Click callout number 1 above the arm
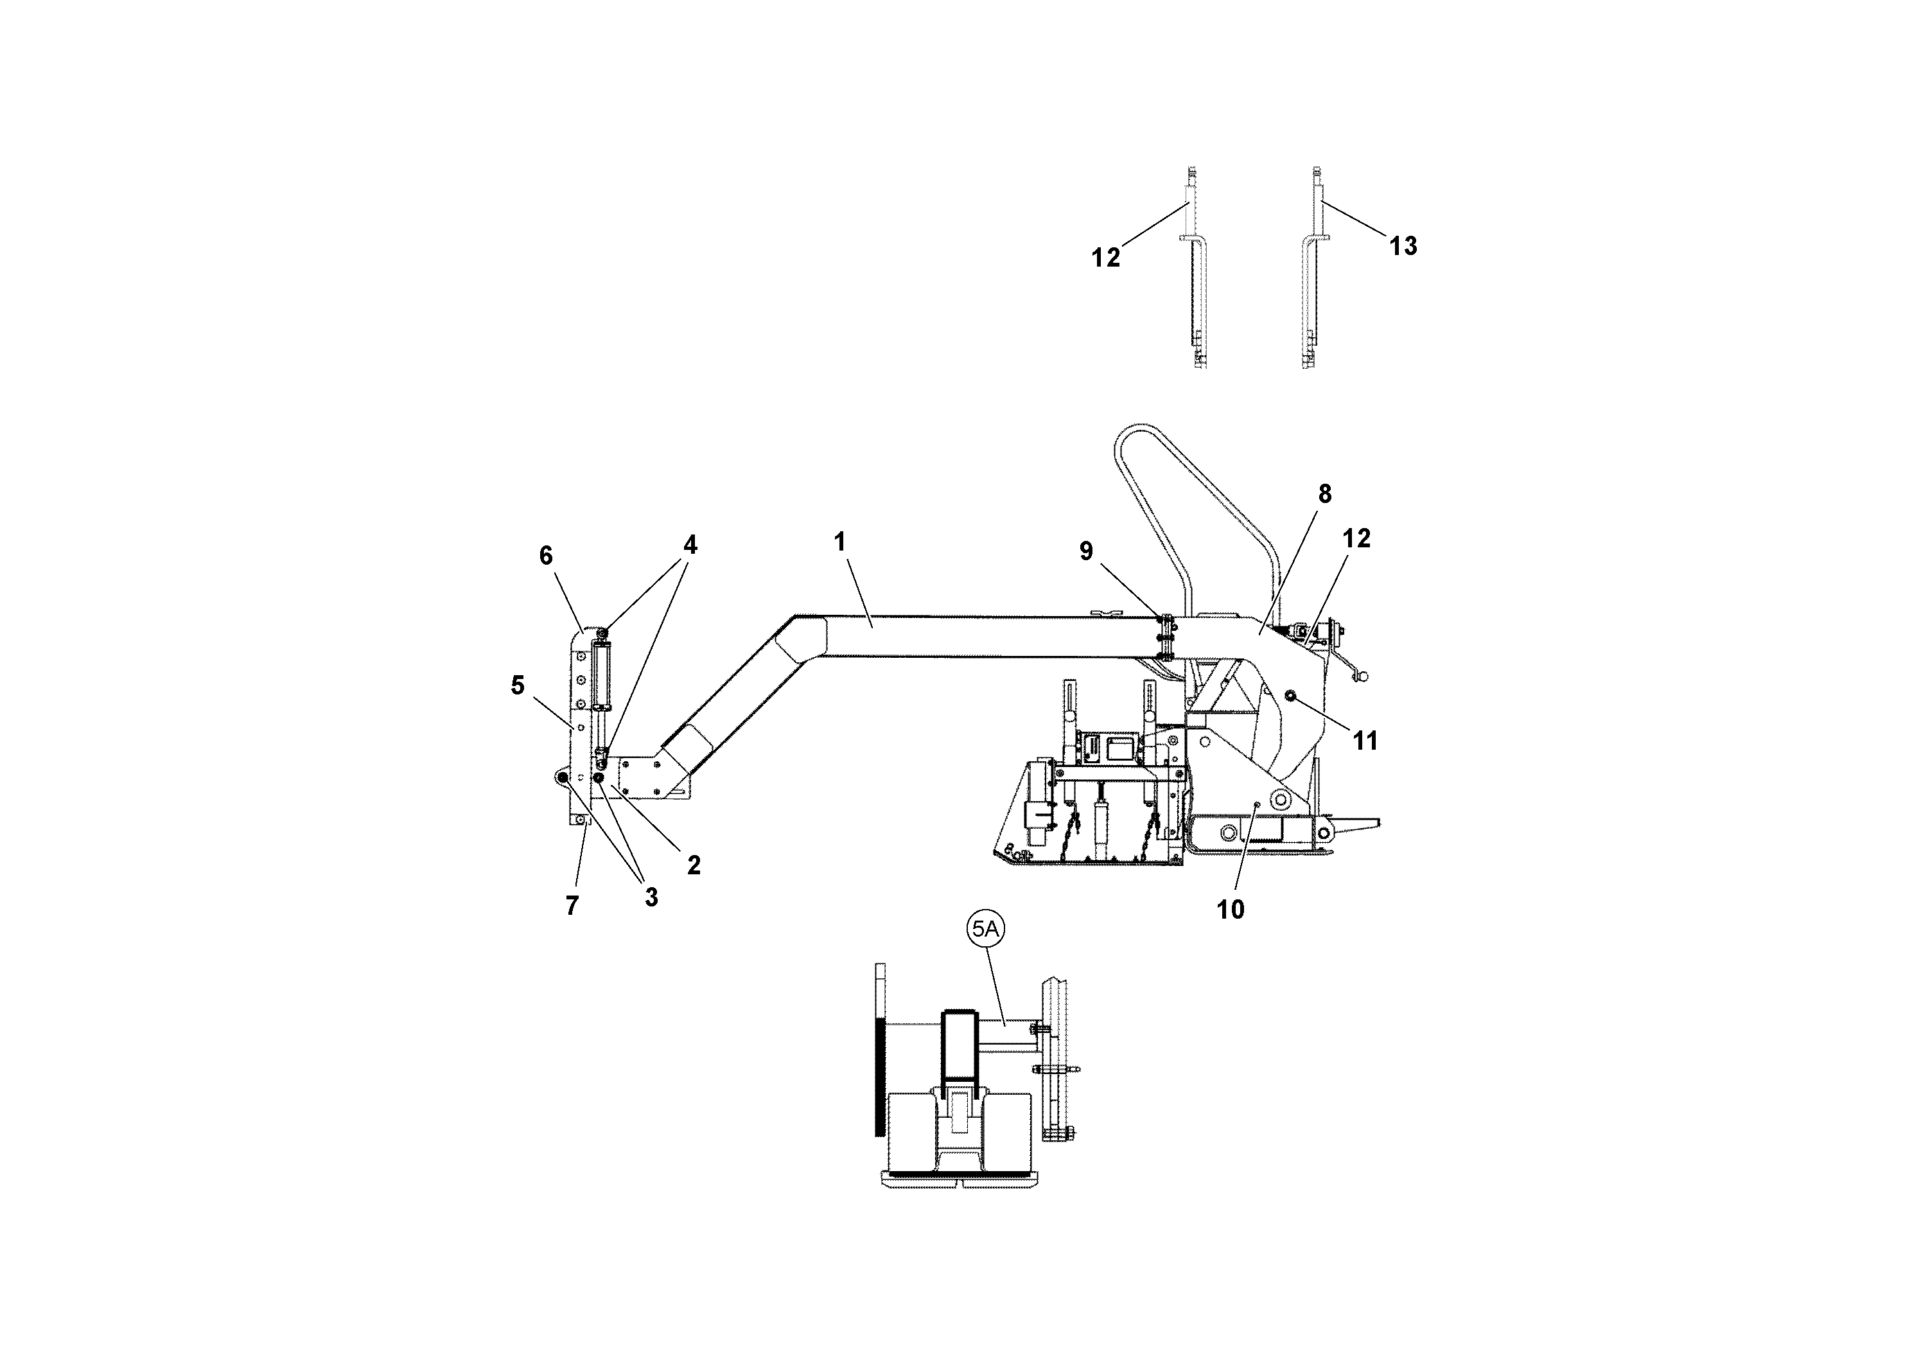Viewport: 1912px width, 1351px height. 839,542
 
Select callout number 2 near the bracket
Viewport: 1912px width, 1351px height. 694,865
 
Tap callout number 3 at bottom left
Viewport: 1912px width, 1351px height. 651,898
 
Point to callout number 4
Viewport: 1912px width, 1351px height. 690,545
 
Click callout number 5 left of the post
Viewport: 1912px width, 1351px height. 517,685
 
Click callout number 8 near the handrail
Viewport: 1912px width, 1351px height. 1324,494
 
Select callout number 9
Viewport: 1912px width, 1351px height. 1086,551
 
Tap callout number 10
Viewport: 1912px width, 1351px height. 1230,910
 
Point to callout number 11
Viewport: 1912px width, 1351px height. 1365,741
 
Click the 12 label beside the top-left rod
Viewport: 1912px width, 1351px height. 1106,258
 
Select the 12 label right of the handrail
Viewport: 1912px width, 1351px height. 1356,539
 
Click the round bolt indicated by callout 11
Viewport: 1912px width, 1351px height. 1290,696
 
